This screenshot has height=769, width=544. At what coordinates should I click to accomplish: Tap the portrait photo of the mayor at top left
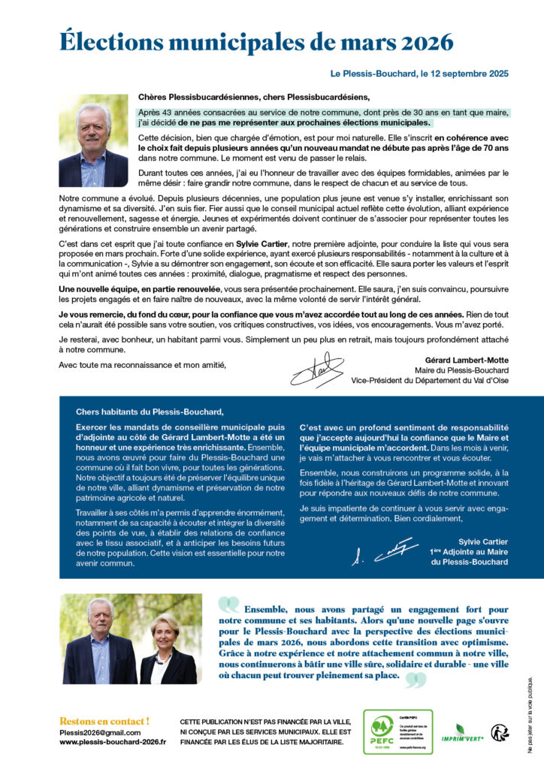93,141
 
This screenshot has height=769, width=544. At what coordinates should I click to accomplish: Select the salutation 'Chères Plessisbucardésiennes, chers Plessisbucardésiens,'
254,97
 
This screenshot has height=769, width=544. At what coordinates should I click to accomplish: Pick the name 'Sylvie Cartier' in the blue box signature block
482,541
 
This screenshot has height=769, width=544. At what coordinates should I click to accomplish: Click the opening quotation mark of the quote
229,605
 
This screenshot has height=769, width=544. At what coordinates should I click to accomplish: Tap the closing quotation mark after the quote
416,680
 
